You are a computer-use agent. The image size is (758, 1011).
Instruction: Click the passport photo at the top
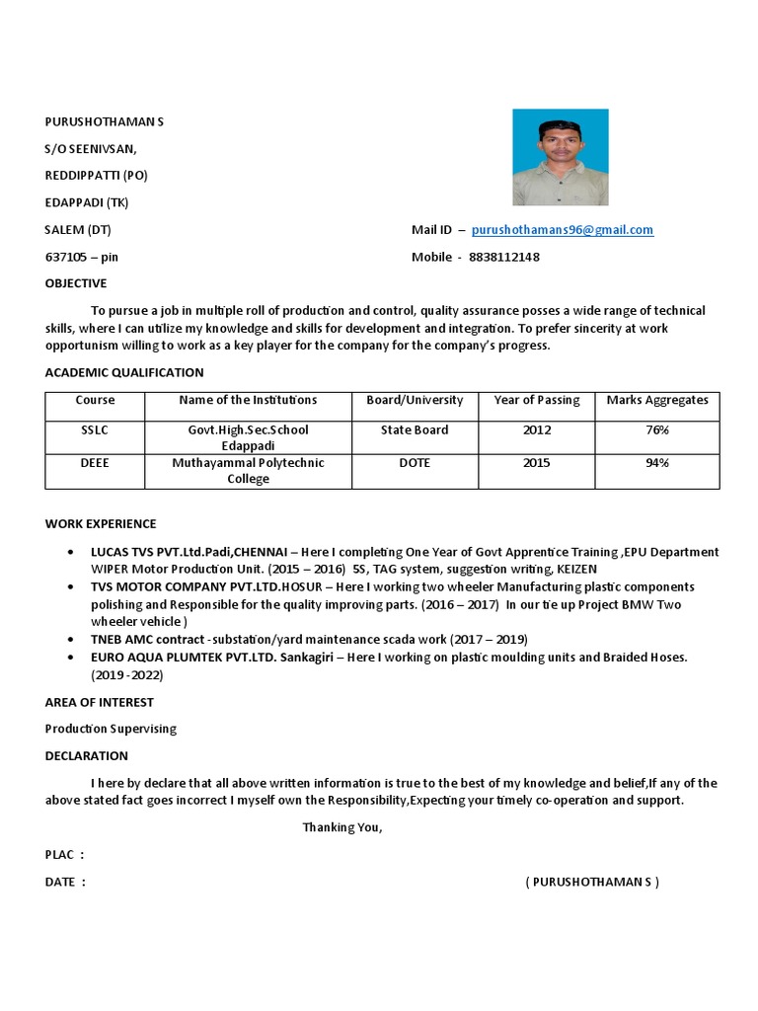(560, 157)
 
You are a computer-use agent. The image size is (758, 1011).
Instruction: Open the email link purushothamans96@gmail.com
(562, 230)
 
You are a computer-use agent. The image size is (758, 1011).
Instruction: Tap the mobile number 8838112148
(503, 257)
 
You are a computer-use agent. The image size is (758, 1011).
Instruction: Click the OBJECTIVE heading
(75, 283)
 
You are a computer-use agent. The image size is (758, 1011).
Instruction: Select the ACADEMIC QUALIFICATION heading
(124, 372)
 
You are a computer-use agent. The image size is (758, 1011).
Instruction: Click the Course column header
(95, 400)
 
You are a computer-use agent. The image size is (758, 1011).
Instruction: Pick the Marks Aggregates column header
(656, 400)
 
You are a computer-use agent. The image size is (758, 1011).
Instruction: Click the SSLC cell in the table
(95, 430)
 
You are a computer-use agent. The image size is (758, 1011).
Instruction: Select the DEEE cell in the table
(95, 463)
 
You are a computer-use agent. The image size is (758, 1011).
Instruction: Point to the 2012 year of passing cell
(537, 430)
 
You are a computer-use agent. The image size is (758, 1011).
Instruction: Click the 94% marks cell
(656, 463)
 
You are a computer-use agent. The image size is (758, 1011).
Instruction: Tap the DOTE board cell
(415, 463)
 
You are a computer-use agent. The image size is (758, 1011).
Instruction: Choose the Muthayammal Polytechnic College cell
(248, 471)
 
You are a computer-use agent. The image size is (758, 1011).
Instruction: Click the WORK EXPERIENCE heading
(101, 523)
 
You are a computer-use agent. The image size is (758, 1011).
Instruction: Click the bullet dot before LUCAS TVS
(68, 553)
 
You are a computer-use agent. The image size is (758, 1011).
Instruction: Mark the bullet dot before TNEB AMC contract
(68, 640)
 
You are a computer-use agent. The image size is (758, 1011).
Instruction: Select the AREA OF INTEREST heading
(100, 702)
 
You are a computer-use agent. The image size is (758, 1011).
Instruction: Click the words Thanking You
(341, 827)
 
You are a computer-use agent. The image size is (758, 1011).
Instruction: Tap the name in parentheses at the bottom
(592, 882)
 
